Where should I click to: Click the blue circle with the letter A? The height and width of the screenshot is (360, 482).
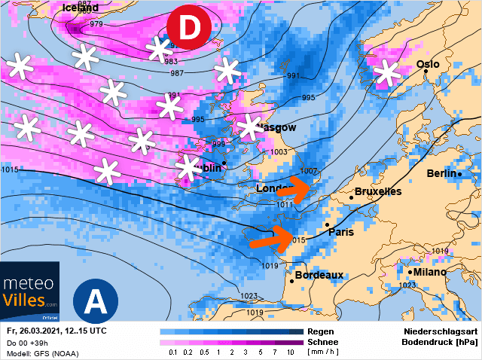coord(95,301)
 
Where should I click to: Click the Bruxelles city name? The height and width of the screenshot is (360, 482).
coord(377,192)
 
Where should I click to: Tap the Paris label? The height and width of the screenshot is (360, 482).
coord(340,232)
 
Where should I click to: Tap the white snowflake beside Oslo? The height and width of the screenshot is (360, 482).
coord(387,73)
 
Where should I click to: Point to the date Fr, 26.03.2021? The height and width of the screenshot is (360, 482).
coord(37,331)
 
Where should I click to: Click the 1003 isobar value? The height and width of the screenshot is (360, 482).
coord(279,151)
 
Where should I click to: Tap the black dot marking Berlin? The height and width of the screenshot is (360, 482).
coord(459,175)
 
